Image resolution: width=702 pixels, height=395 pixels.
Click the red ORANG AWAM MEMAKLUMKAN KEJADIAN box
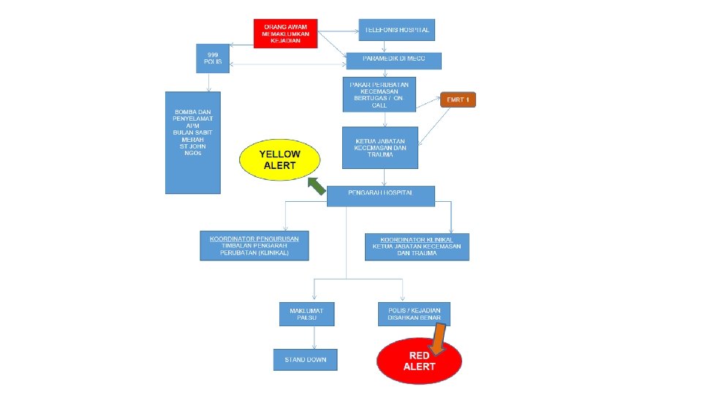tap(285, 34)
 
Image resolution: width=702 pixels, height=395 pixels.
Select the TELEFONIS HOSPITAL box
tap(397, 30)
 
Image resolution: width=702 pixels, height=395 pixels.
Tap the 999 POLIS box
tap(213, 59)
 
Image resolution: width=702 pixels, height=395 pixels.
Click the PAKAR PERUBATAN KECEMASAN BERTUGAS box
tap(379, 94)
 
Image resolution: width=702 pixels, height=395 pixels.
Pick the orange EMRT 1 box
tap(458, 100)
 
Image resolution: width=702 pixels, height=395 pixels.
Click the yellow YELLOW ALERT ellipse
tap(280, 160)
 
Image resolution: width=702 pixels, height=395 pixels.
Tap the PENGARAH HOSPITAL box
tap(380, 195)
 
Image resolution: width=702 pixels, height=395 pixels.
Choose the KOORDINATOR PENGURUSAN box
tap(254, 246)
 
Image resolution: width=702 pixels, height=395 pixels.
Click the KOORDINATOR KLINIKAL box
tap(417, 247)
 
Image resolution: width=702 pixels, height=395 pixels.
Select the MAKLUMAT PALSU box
tap(307, 313)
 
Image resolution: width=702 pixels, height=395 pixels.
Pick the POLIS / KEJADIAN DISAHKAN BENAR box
tap(414, 313)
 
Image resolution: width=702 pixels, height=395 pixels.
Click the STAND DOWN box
tap(306, 360)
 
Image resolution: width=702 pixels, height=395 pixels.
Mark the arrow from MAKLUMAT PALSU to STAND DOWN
tap(314, 336)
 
